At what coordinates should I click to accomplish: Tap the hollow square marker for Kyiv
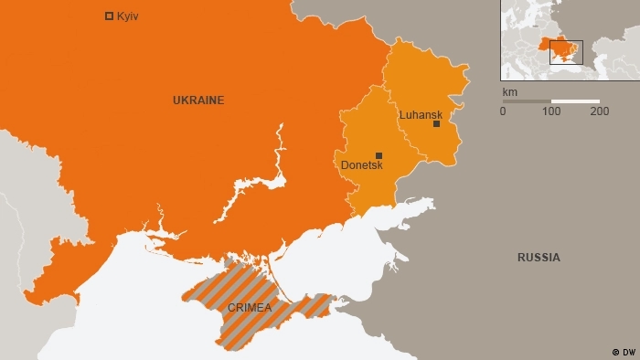110,16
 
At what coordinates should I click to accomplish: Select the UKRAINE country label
198,100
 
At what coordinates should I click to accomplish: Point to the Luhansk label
421,114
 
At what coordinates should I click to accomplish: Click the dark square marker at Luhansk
437,124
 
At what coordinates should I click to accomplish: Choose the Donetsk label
361,165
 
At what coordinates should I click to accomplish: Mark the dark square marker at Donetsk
379,155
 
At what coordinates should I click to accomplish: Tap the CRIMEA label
250,308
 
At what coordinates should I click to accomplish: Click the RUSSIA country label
539,258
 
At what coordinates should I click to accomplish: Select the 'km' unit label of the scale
509,92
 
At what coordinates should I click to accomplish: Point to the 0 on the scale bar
503,111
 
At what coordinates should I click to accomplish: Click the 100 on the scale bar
551,111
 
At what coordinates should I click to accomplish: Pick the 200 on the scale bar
600,111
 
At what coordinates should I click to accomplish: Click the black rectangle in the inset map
565,52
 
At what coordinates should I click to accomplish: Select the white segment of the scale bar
576,101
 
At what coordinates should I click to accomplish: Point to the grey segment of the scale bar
527,101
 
